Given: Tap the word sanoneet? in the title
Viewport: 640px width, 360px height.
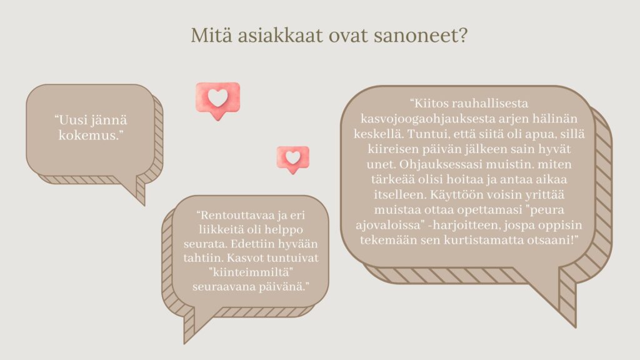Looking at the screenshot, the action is (421, 36).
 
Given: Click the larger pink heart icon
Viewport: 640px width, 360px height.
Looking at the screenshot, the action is (218, 101).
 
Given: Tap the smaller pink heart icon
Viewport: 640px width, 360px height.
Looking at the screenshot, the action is (293, 159).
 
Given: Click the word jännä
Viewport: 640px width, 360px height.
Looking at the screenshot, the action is (109, 121).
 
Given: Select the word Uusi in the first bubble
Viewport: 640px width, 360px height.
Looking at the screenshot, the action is (72, 121).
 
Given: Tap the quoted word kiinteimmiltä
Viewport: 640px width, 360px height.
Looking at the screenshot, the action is (251, 272).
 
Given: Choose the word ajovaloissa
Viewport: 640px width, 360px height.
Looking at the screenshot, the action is (388, 225).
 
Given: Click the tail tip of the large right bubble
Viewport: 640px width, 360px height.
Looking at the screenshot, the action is (576, 327).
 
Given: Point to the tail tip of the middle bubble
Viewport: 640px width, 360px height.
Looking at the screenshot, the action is (184, 343).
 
